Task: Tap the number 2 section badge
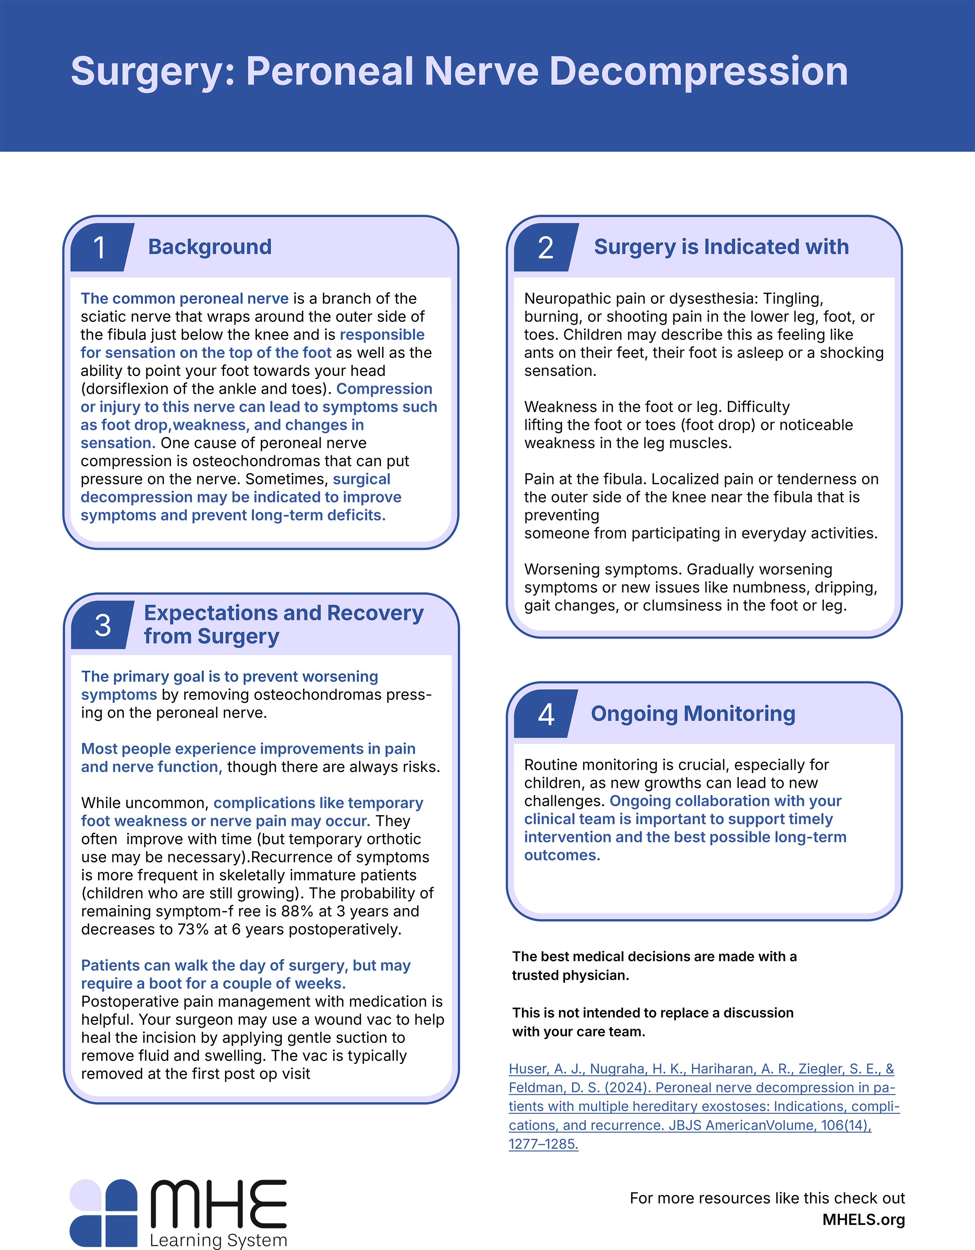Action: (545, 247)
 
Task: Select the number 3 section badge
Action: (102, 625)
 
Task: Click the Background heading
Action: (210, 247)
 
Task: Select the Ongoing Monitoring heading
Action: (693, 714)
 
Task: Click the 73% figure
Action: (193, 929)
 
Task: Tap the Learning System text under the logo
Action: (218, 1240)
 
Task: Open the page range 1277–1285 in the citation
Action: (543, 1144)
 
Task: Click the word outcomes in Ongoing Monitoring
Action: (561, 855)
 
